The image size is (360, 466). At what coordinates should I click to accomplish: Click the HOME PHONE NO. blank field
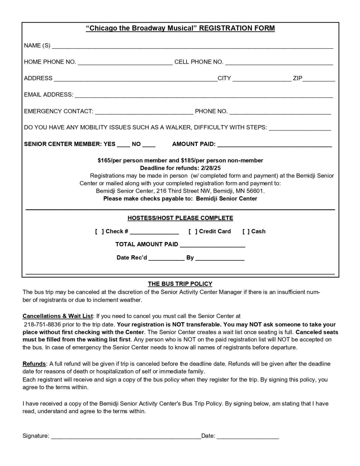click(x=125, y=63)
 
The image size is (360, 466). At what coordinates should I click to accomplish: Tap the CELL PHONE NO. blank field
click(x=279, y=63)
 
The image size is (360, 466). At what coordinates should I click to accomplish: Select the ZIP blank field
click(x=319, y=79)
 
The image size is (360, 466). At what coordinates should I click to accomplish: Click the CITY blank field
click(x=262, y=79)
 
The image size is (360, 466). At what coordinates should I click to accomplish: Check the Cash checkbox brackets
click(x=246, y=231)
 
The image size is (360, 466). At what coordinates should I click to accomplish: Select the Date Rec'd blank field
click(x=166, y=259)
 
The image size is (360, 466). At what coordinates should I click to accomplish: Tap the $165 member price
click(x=104, y=160)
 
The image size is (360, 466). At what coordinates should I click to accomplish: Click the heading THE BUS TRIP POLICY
click(x=180, y=284)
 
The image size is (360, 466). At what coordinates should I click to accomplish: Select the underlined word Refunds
click(x=34, y=364)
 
